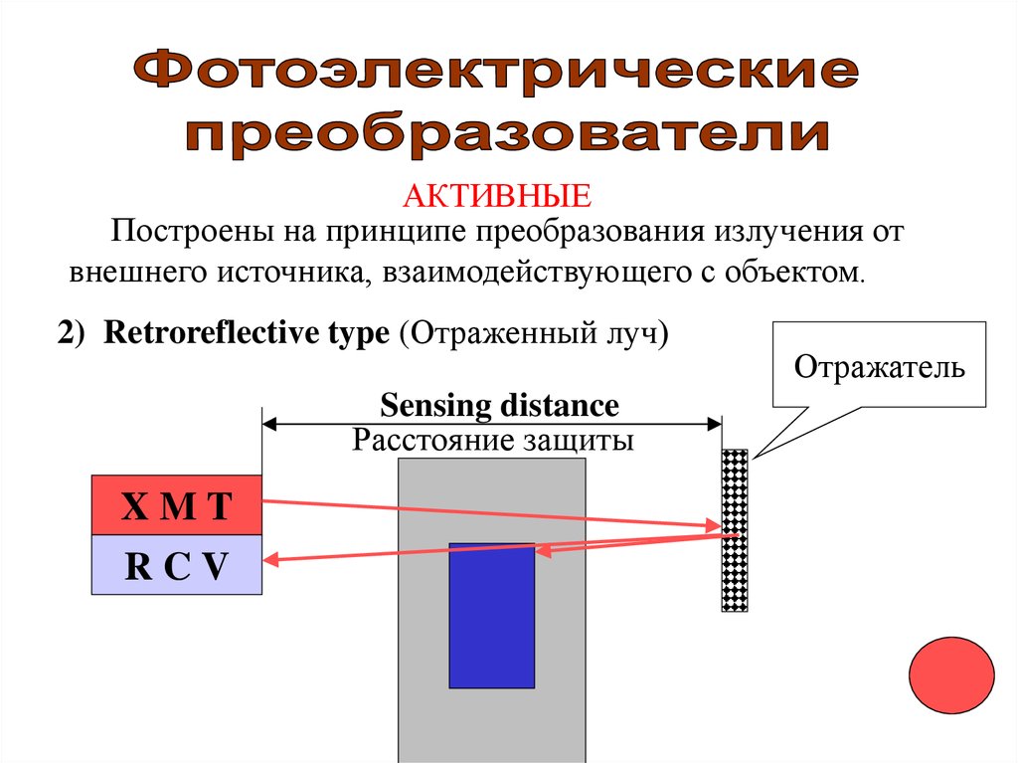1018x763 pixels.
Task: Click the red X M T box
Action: tap(176, 505)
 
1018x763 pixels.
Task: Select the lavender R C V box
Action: tap(176, 565)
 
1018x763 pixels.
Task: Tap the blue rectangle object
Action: tap(491, 615)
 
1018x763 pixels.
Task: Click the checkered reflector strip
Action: tap(735, 529)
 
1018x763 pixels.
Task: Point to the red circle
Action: tap(951, 675)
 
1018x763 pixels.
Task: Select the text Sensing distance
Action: tap(499, 406)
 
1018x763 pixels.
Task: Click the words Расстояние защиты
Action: tap(492, 440)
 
